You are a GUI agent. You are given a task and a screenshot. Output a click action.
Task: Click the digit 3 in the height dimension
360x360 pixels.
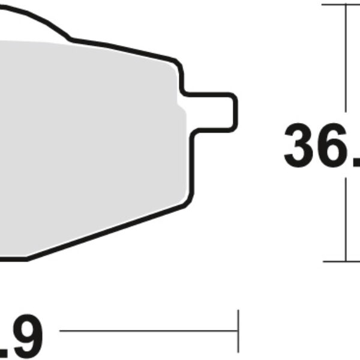302,146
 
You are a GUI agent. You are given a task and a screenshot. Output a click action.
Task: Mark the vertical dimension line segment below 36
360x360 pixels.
346,222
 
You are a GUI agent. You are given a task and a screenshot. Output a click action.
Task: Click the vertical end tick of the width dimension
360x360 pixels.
239,330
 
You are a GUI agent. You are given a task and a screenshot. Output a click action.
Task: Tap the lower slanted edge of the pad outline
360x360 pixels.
108,231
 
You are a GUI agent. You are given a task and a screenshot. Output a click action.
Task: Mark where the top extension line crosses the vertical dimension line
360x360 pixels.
346,5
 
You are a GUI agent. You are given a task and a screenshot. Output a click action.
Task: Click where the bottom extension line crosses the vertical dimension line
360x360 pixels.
346,261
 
